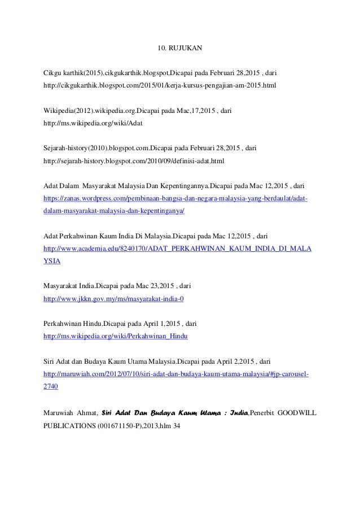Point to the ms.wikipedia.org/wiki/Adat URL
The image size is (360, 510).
pyautogui.click(x=96, y=123)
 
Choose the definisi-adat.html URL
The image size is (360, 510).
pyautogui.click(x=134, y=161)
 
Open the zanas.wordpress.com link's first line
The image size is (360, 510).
pyautogui.click(x=175, y=199)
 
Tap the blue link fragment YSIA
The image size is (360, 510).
pyautogui.click(x=52, y=261)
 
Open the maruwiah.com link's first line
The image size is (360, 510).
pyautogui.click(x=175, y=374)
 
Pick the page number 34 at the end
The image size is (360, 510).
pyautogui.click(x=177, y=425)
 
